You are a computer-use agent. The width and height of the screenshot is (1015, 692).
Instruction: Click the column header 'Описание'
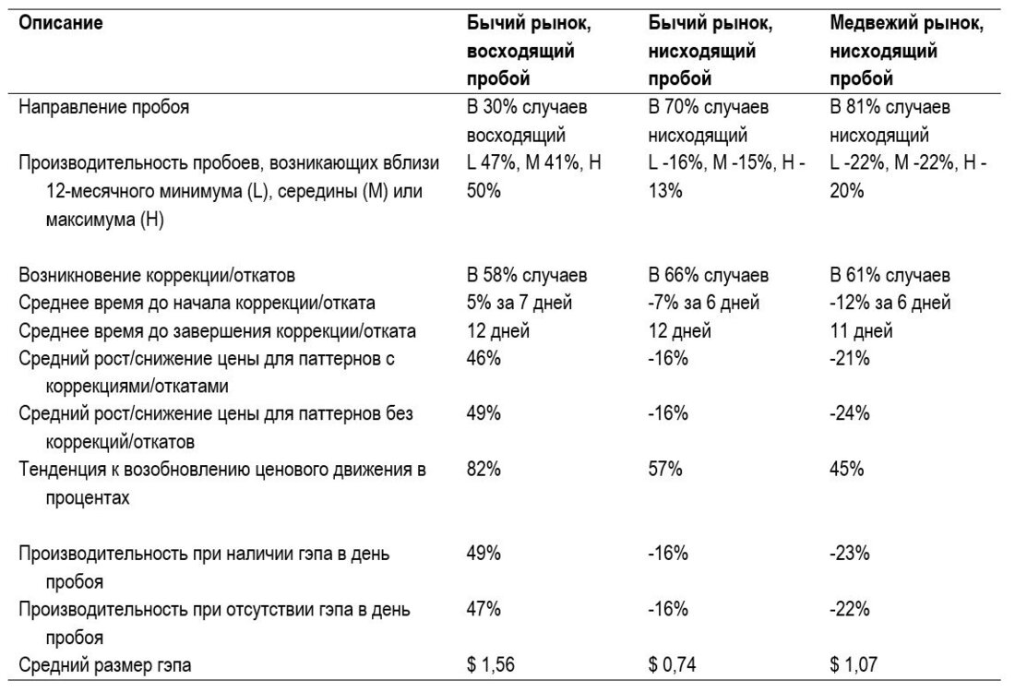60,23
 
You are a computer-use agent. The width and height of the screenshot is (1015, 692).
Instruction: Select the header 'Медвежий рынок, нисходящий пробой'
907,51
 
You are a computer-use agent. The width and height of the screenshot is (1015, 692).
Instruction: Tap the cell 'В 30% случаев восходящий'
527,121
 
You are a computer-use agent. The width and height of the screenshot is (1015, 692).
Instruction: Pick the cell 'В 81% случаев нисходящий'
890,121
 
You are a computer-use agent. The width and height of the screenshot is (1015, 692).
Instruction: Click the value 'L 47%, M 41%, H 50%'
534,177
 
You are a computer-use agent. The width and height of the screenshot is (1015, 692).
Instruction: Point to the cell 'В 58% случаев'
527,275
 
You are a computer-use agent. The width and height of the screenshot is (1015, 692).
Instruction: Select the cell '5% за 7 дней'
519,303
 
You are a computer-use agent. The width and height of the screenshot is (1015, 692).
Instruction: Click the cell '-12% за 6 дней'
890,303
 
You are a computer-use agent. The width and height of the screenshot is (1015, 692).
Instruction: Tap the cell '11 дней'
861,331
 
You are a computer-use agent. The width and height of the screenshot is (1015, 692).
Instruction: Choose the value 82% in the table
484,470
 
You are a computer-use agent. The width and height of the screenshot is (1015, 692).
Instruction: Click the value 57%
665,470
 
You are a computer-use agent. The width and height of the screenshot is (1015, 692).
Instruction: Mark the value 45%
847,470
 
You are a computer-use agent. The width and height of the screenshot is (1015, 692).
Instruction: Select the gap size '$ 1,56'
491,665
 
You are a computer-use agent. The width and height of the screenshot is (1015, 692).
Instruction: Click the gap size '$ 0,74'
672,665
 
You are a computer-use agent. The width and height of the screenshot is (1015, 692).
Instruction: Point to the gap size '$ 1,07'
854,665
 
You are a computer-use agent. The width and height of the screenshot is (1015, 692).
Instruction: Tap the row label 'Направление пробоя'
103,107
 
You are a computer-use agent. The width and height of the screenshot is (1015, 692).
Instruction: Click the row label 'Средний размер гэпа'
105,665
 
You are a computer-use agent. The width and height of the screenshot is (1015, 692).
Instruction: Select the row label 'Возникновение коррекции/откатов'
157,276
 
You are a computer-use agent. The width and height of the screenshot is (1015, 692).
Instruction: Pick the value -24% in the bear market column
849,413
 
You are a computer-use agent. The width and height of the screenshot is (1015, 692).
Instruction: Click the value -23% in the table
849,554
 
